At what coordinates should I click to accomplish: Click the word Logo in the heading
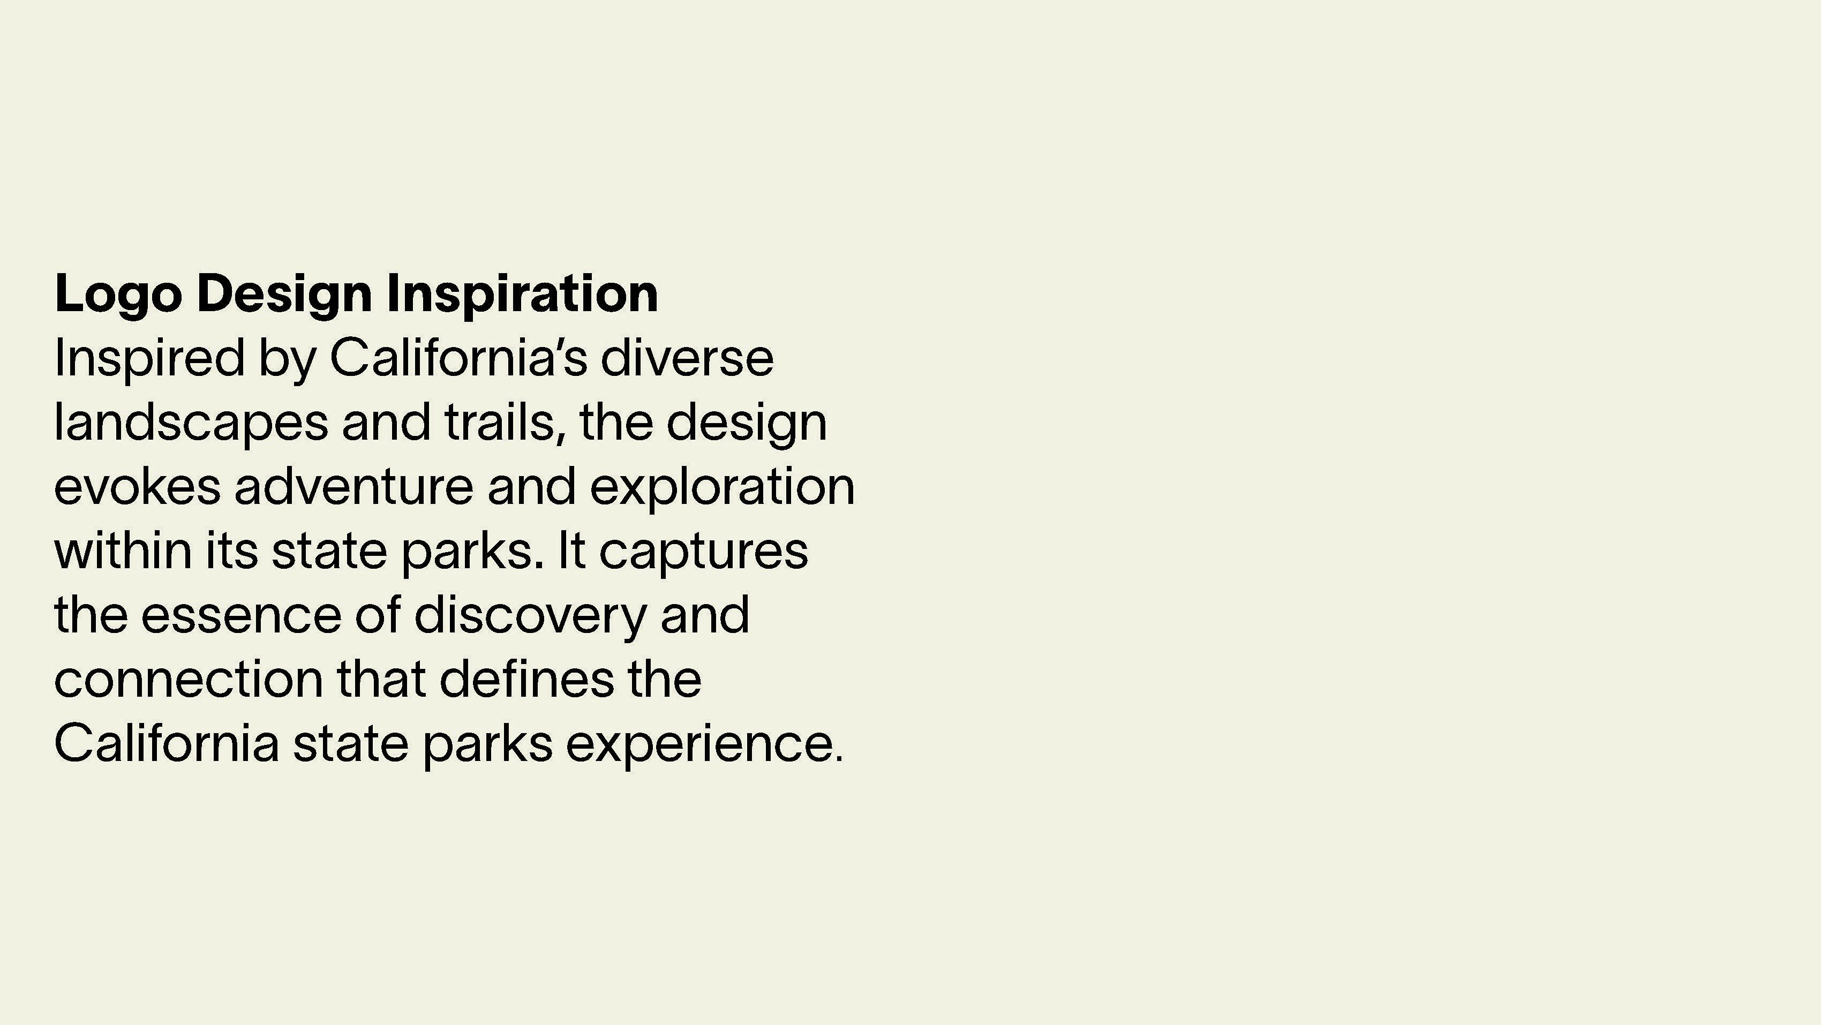click(118, 295)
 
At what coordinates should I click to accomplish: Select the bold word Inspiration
click(522, 295)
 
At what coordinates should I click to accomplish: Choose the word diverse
click(687, 358)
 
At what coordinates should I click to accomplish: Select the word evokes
click(137, 486)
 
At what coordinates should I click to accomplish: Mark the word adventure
click(353, 486)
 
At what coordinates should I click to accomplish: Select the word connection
click(189, 680)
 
